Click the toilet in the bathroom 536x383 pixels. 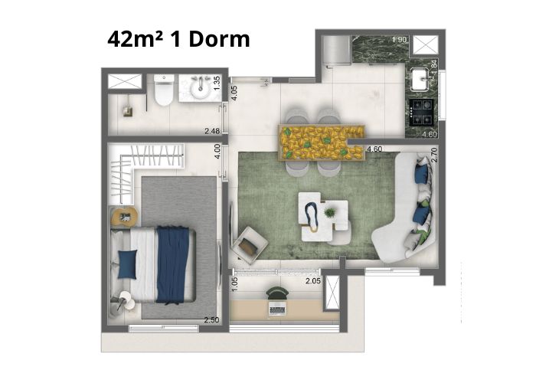pyautogui.click(x=164, y=90)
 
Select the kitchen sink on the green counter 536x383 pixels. pyautogui.click(x=420, y=80)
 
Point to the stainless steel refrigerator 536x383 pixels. pyautogui.click(x=336, y=51)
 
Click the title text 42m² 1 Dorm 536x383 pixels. pyautogui.click(x=178, y=39)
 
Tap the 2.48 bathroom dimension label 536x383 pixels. pyautogui.click(x=212, y=131)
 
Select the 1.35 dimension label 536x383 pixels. pyautogui.click(x=217, y=83)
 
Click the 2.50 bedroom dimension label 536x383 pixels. pyautogui.click(x=211, y=320)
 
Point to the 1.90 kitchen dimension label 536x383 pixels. pyautogui.click(x=399, y=40)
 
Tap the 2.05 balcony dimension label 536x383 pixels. pyautogui.click(x=313, y=281)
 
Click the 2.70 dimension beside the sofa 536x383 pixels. pyautogui.click(x=434, y=155)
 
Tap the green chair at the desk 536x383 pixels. pyautogui.click(x=277, y=293)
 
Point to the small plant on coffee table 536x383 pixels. pyautogui.click(x=329, y=213)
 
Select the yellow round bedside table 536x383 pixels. pyautogui.click(x=124, y=216)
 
